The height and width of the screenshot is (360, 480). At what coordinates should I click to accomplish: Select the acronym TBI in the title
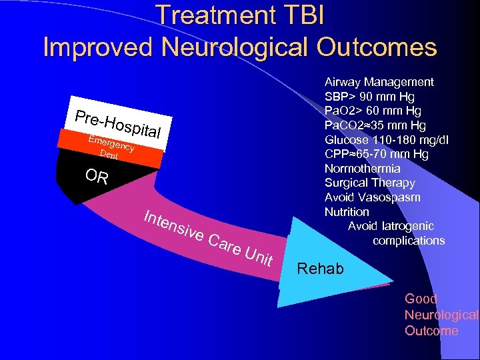pos(298,15)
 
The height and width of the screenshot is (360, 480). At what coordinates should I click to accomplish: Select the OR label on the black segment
pos(97,177)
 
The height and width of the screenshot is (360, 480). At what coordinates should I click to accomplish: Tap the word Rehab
pos(321,269)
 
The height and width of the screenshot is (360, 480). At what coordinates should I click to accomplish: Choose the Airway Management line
pos(379,82)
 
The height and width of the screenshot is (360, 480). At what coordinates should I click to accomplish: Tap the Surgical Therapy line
pos(369,183)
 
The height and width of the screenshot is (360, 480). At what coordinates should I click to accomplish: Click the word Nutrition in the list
pos(347,212)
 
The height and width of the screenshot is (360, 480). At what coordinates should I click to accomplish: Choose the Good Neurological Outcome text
pos(440,315)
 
